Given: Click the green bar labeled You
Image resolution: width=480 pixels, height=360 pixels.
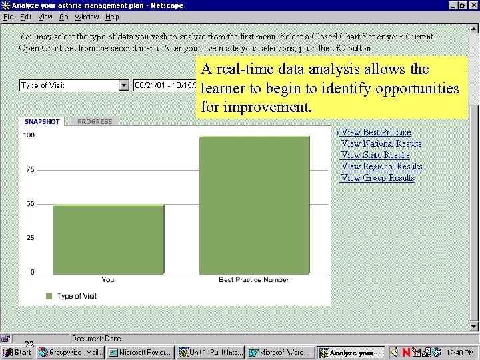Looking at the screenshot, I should pyautogui.click(x=108, y=239).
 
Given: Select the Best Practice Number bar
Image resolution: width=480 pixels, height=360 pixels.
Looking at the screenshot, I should pyautogui.click(x=254, y=205).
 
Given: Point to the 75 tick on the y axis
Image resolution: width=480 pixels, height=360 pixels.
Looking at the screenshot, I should pyautogui.click(x=30, y=169).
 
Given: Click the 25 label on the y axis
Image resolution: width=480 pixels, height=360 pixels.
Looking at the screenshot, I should pyautogui.click(x=30, y=238).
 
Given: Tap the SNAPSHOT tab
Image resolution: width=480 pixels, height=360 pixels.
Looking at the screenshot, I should pyautogui.click(x=42, y=121).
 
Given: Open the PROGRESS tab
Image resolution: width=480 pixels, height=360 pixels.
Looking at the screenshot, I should pyautogui.click(x=95, y=121).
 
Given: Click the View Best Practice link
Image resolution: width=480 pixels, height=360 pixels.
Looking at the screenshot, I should pyautogui.click(x=376, y=133).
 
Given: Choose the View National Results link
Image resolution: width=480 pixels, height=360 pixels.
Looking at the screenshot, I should pyautogui.click(x=381, y=144).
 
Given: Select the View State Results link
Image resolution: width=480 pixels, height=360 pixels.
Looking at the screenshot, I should pyautogui.click(x=375, y=155).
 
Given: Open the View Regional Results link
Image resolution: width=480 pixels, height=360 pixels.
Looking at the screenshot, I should pyautogui.click(x=381, y=167).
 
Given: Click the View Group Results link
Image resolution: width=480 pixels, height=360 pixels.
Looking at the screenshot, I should pyautogui.click(x=377, y=178).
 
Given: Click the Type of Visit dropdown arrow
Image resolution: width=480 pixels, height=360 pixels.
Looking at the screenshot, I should pyautogui.click(x=123, y=85).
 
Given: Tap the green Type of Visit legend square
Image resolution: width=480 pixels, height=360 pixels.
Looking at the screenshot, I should pyautogui.click(x=49, y=296).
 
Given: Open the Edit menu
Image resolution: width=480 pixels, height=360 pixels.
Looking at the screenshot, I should pyautogui.click(x=26, y=17).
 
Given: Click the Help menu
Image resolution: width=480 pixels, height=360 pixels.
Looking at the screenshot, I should pyautogui.click(x=112, y=17).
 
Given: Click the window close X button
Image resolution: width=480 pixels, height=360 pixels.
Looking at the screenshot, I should pyautogui.click(x=473, y=5).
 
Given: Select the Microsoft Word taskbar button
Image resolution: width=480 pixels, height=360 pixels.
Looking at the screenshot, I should pyautogui.click(x=280, y=352).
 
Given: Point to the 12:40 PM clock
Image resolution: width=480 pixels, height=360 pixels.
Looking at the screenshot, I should pyautogui.click(x=460, y=352).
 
